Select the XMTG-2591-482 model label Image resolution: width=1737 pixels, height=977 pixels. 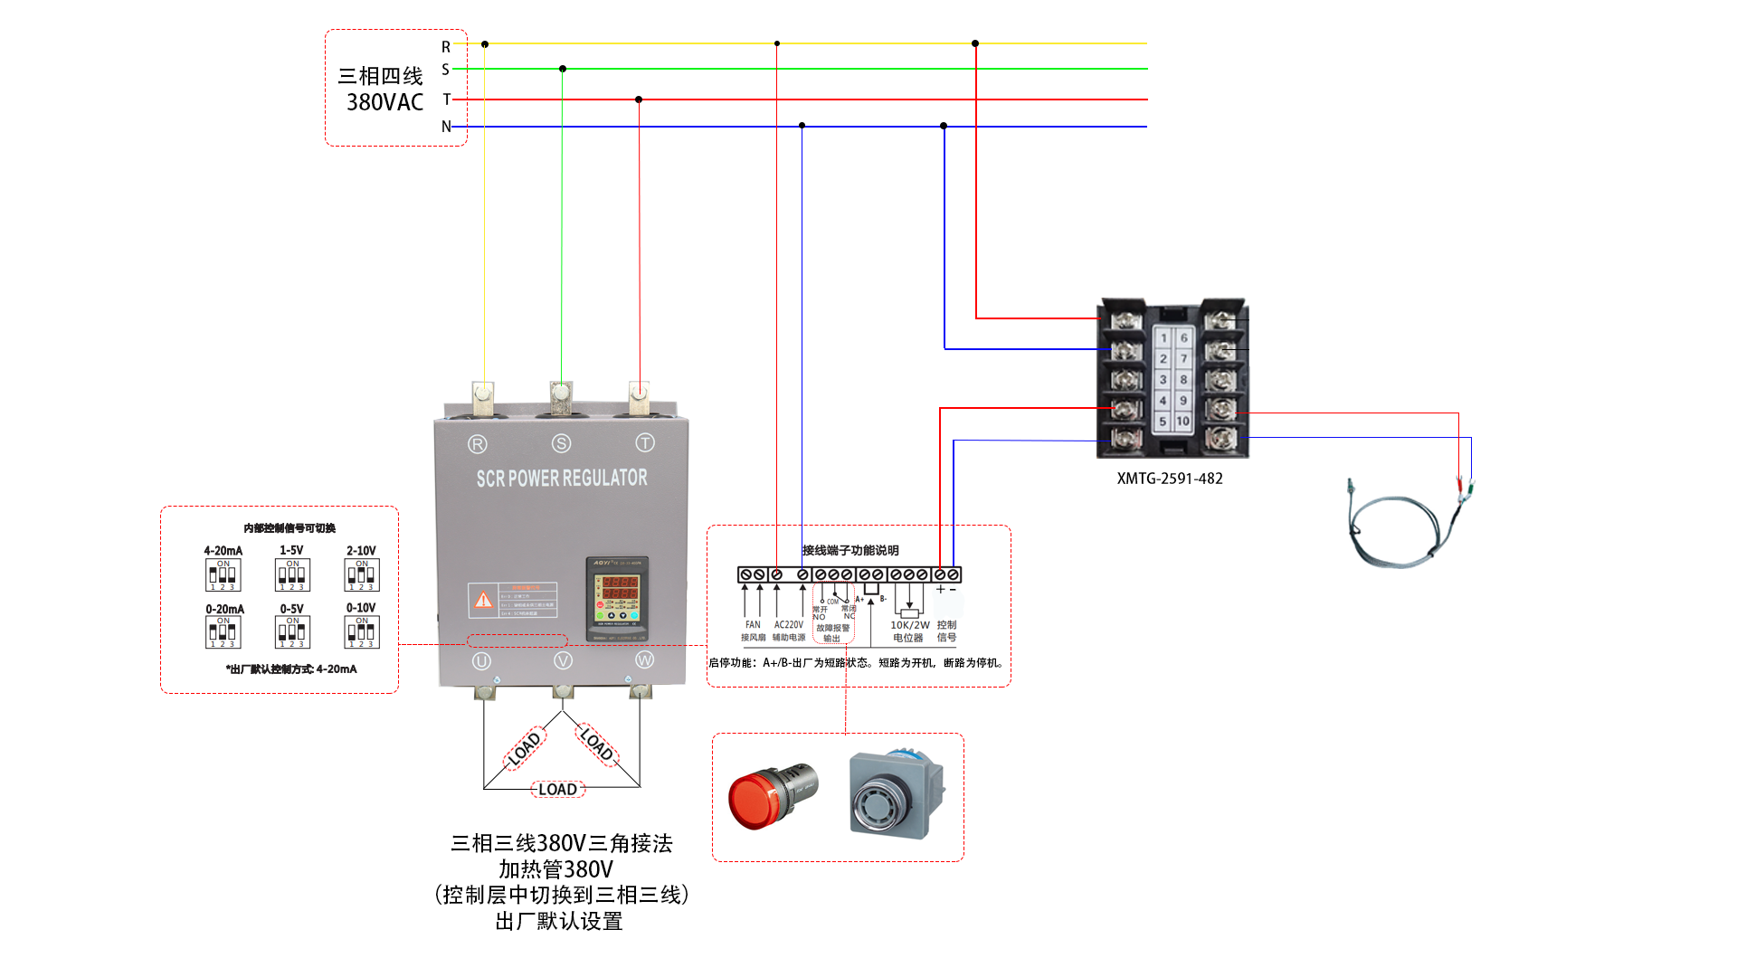(x=1169, y=479)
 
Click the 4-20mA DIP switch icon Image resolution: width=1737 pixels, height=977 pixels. (x=223, y=575)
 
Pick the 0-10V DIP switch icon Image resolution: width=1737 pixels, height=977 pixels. (x=361, y=631)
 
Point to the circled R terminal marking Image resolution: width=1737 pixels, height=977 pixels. (x=478, y=444)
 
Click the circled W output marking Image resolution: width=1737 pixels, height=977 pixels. (x=644, y=660)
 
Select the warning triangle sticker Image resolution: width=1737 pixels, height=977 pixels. (x=484, y=600)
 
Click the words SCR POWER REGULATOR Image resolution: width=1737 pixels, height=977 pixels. (x=562, y=479)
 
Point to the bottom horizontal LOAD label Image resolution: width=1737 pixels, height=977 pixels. (x=557, y=790)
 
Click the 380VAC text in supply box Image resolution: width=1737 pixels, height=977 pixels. (x=384, y=103)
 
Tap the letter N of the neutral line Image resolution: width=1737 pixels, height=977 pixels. (x=446, y=127)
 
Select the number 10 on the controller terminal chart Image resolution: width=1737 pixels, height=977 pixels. (x=1182, y=422)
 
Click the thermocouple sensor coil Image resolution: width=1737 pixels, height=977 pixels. (x=1393, y=534)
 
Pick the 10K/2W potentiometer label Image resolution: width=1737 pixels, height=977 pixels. (x=909, y=625)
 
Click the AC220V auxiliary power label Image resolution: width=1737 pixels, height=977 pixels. (x=788, y=625)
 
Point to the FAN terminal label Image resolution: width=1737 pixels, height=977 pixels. (x=753, y=625)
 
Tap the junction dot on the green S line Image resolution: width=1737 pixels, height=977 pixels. (x=563, y=69)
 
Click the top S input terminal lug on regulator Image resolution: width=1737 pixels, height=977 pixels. (x=561, y=394)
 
